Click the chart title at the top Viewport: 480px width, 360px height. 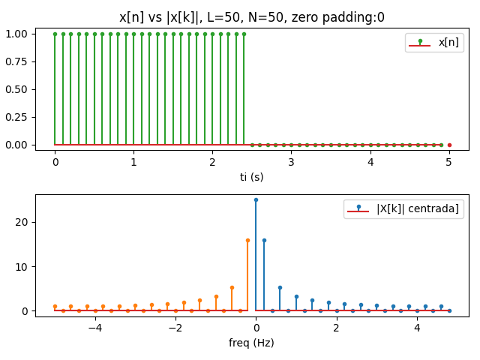252,17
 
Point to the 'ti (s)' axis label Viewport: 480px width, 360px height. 252,177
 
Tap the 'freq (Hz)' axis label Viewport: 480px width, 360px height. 252,343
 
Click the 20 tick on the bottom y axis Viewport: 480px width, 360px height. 22,222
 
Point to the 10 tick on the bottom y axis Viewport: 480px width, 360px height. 22,266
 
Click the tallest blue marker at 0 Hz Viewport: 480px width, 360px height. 256,199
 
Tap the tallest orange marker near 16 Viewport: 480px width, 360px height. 247,240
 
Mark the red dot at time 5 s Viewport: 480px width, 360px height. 449,145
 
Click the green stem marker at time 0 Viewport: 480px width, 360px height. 55,34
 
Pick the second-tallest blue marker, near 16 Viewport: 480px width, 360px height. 264,240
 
